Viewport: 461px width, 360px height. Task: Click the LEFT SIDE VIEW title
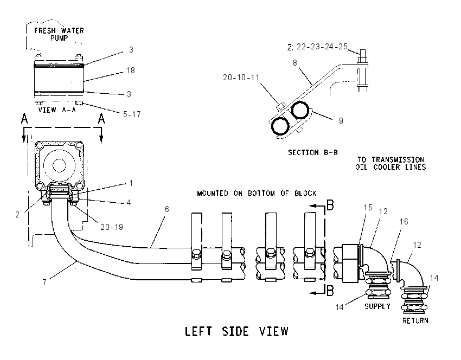[x=236, y=331]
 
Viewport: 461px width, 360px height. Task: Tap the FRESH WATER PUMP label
[x=59, y=34]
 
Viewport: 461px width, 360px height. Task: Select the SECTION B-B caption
[x=312, y=152]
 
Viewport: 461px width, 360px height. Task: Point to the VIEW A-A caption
[x=57, y=110]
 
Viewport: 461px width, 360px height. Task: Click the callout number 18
[x=131, y=70]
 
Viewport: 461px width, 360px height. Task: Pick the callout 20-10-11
[x=241, y=78]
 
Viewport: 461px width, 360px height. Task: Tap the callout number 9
[x=341, y=121]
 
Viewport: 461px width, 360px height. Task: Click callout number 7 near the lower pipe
[x=44, y=282]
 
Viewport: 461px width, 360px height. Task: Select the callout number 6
[x=167, y=209]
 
